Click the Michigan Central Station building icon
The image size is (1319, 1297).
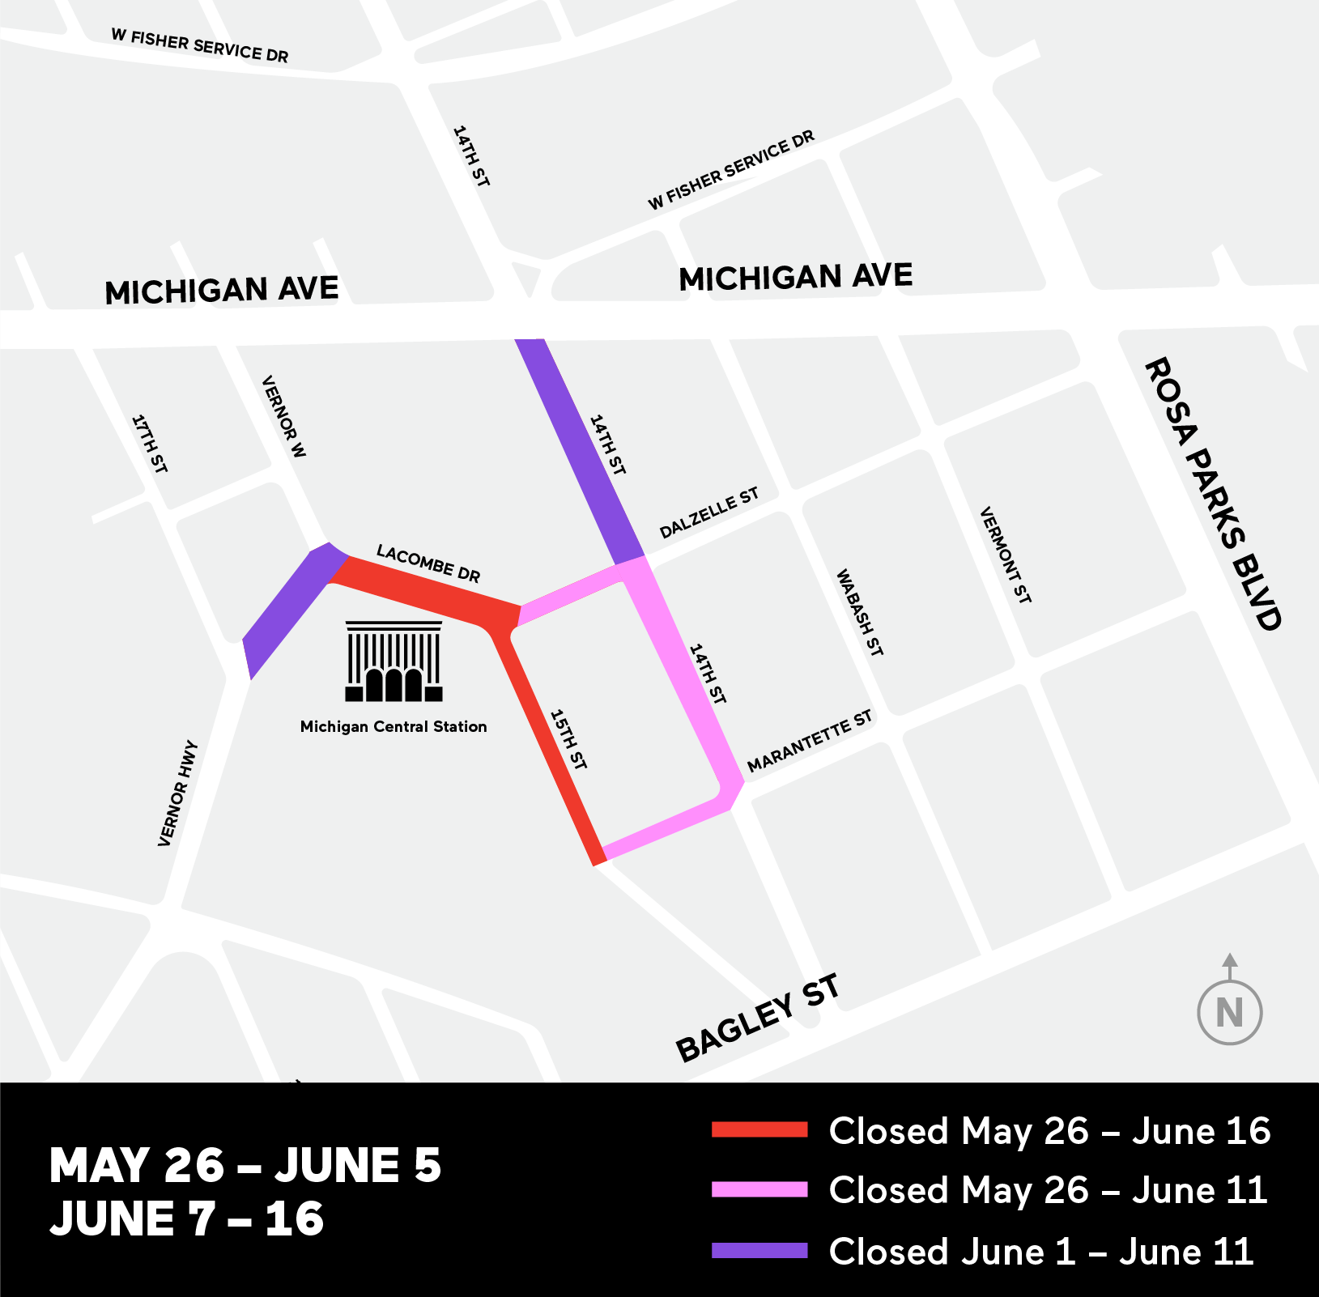coord(394,661)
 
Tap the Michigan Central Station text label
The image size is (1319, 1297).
coord(394,727)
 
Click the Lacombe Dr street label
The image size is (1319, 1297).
coord(428,563)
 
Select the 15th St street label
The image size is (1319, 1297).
coord(568,739)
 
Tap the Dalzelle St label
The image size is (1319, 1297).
coord(708,513)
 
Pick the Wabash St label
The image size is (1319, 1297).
coord(859,613)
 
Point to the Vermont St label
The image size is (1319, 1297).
coord(1006,555)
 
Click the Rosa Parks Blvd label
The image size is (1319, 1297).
coord(1212,494)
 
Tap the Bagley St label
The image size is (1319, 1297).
coord(757,1018)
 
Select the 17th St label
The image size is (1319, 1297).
coord(150,444)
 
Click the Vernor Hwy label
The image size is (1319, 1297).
coord(177,793)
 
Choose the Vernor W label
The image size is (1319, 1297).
coord(284,417)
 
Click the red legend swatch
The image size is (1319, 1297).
coord(759,1130)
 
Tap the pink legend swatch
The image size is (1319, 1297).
coord(759,1189)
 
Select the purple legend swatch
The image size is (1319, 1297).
coord(759,1251)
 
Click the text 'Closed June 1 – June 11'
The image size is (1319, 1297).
coord(1041,1252)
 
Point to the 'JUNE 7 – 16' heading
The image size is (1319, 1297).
coord(187,1219)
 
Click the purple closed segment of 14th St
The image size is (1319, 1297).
coord(580,452)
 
